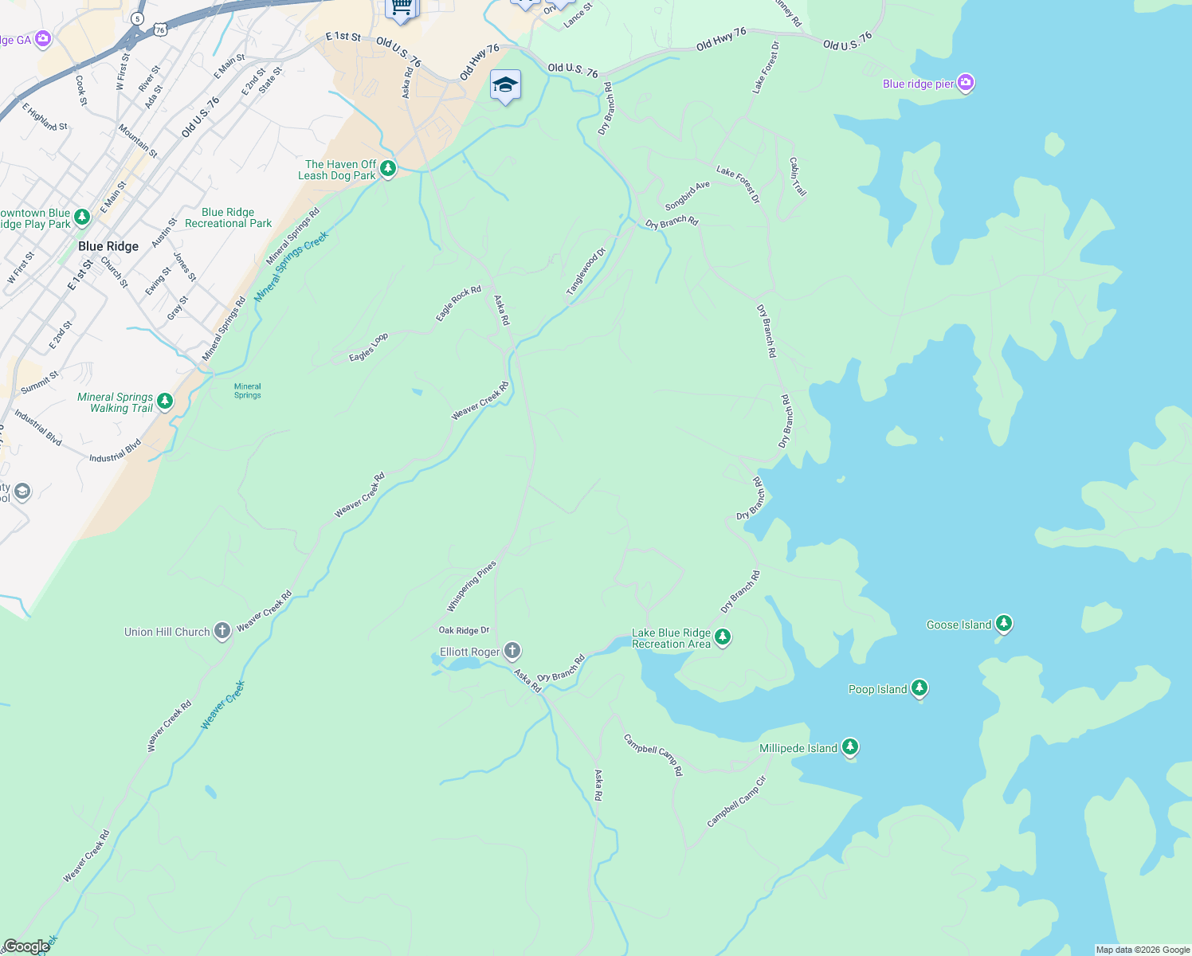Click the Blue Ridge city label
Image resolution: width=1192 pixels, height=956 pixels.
108,246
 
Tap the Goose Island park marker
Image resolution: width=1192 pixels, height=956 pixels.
1004,624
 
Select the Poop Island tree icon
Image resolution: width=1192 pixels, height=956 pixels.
919,688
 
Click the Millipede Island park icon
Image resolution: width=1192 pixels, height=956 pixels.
850,746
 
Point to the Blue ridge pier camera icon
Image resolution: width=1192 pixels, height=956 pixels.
966,83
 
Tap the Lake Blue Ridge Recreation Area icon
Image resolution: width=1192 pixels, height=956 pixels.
723,637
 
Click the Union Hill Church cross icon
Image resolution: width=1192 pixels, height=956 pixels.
222,631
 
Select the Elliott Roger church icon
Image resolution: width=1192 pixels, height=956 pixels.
512,651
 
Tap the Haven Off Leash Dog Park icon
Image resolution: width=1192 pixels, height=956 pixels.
388,168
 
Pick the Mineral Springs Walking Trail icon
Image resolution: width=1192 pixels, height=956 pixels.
165,401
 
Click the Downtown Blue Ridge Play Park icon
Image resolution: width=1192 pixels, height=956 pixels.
81,217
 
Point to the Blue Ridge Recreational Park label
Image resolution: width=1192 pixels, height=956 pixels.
228,218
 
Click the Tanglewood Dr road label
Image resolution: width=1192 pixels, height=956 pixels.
586,272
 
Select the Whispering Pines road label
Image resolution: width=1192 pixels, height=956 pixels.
471,586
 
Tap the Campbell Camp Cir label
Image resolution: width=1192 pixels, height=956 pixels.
737,801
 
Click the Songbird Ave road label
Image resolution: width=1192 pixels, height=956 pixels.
687,196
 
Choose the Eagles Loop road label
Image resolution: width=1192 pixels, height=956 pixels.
368,347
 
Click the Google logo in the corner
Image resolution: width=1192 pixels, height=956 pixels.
26,946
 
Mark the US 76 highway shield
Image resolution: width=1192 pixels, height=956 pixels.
161,29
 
